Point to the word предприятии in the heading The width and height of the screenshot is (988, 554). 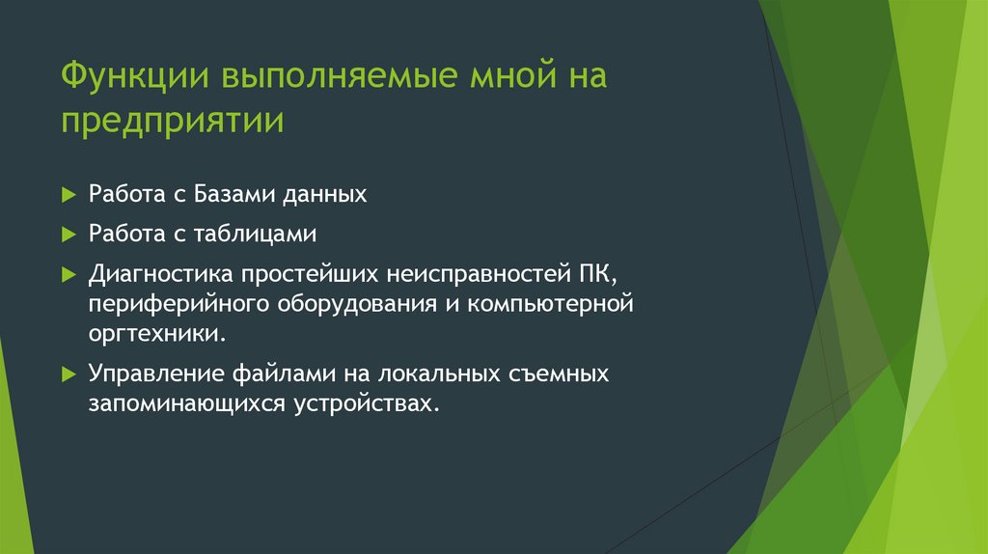coord(174,124)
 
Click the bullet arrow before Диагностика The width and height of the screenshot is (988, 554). coord(68,274)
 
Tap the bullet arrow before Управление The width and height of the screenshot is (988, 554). coord(68,374)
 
